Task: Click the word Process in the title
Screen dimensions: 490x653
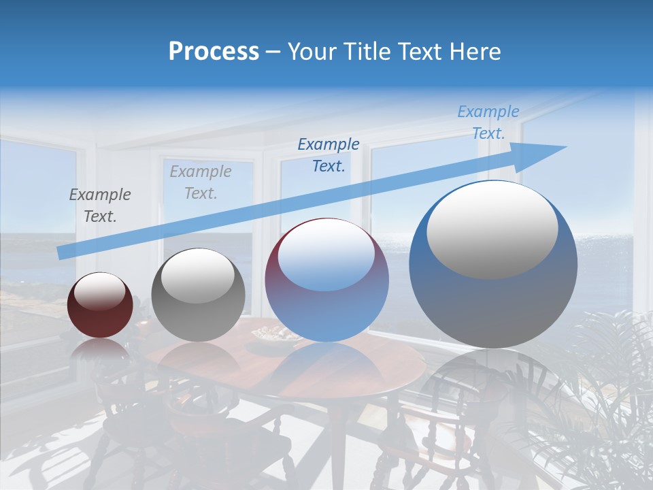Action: (214, 52)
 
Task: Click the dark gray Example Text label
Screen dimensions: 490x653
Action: (100, 206)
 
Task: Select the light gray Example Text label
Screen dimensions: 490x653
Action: (201, 182)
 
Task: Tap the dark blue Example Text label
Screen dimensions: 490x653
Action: (329, 155)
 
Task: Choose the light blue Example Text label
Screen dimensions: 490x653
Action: (488, 122)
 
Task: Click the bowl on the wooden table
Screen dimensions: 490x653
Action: (276, 335)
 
